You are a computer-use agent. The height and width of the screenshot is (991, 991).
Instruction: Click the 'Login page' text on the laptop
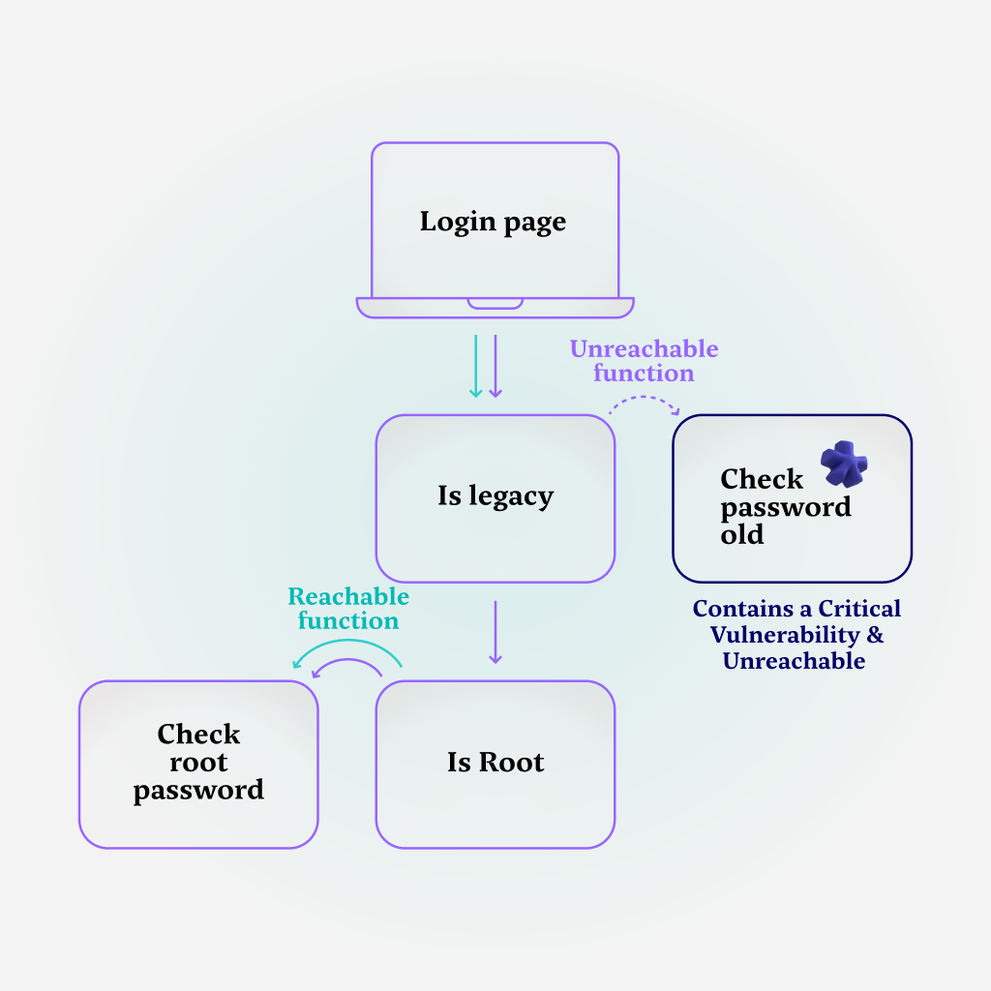click(493, 222)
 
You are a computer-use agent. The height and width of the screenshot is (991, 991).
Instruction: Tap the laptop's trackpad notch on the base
click(495, 304)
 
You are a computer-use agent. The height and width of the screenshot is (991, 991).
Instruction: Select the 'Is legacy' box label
click(495, 496)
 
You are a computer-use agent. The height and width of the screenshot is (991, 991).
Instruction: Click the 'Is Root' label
click(495, 762)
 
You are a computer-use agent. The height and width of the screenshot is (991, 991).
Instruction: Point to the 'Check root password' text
click(198, 763)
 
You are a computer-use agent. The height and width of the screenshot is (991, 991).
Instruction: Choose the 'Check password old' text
click(785, 506)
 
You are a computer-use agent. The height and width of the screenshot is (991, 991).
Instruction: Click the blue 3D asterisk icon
click(844, 465)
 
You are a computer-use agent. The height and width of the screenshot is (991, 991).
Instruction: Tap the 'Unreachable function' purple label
click(644, 361)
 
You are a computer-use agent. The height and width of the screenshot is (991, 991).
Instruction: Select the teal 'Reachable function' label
click(348, 609)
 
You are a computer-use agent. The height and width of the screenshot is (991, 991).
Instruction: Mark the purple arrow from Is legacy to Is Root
click(495, 632)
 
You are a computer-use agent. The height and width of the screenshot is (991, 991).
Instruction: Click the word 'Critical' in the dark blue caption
click(859, 609)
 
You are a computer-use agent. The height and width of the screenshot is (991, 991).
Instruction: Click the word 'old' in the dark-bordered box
click(741, 534)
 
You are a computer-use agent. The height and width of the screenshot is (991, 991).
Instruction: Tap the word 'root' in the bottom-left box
click(198, 763)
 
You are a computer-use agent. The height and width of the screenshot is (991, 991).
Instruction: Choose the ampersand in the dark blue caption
click(875, 635)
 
